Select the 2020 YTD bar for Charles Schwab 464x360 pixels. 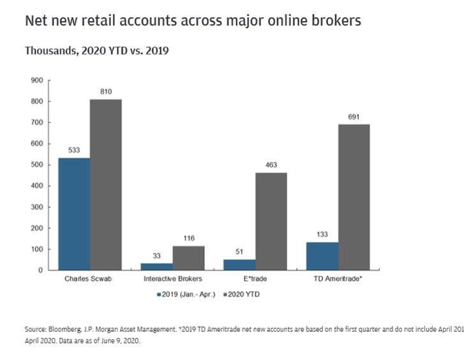(105, 184)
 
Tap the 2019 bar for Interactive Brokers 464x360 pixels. (156, 266)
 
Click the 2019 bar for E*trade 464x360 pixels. (239, 264)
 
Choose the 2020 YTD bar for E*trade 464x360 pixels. (271, 221)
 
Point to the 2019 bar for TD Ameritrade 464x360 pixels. (322, 256)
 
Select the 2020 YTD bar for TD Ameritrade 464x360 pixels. (354, 197)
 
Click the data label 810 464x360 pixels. (106, 92)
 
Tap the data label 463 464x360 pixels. (271, 165)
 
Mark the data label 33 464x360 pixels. (157, 256)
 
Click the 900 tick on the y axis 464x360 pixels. (36, 80)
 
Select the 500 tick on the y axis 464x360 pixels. (36, 165)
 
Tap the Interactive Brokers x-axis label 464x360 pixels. (172, 280)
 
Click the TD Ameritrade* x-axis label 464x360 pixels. (339, 280)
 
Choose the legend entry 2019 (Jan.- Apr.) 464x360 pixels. (186, 294)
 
